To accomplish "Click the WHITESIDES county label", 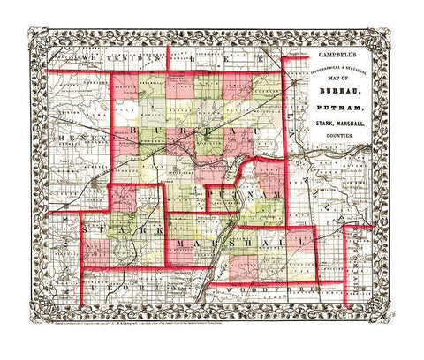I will point(104,56).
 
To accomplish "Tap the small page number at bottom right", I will point(391,310).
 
